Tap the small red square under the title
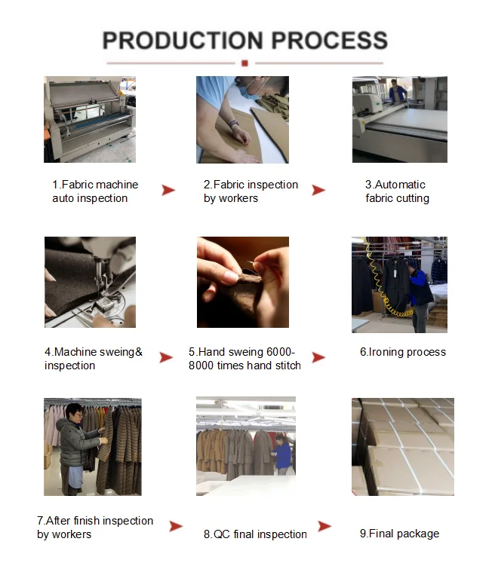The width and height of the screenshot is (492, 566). tap(245, 63)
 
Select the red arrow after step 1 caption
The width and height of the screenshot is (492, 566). tap(168, 191)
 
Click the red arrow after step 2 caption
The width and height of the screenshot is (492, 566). tap(318, 191)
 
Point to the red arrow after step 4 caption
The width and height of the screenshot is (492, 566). tap(166, 358)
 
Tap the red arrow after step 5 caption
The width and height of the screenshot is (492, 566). tap(318, 357)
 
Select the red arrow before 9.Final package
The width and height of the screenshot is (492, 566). tap(324, 526)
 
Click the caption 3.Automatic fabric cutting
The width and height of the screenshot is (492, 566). tap(397, 191)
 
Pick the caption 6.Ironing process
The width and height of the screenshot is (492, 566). tap(402, 352)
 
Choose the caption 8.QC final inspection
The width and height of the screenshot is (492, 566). tap(255, 534)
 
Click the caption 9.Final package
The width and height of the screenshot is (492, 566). tap(399, 534)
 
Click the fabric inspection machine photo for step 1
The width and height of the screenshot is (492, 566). tap(89, 119)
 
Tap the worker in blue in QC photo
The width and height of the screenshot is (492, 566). tap(281, 453)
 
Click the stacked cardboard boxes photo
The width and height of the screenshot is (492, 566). tap(402, 446)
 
